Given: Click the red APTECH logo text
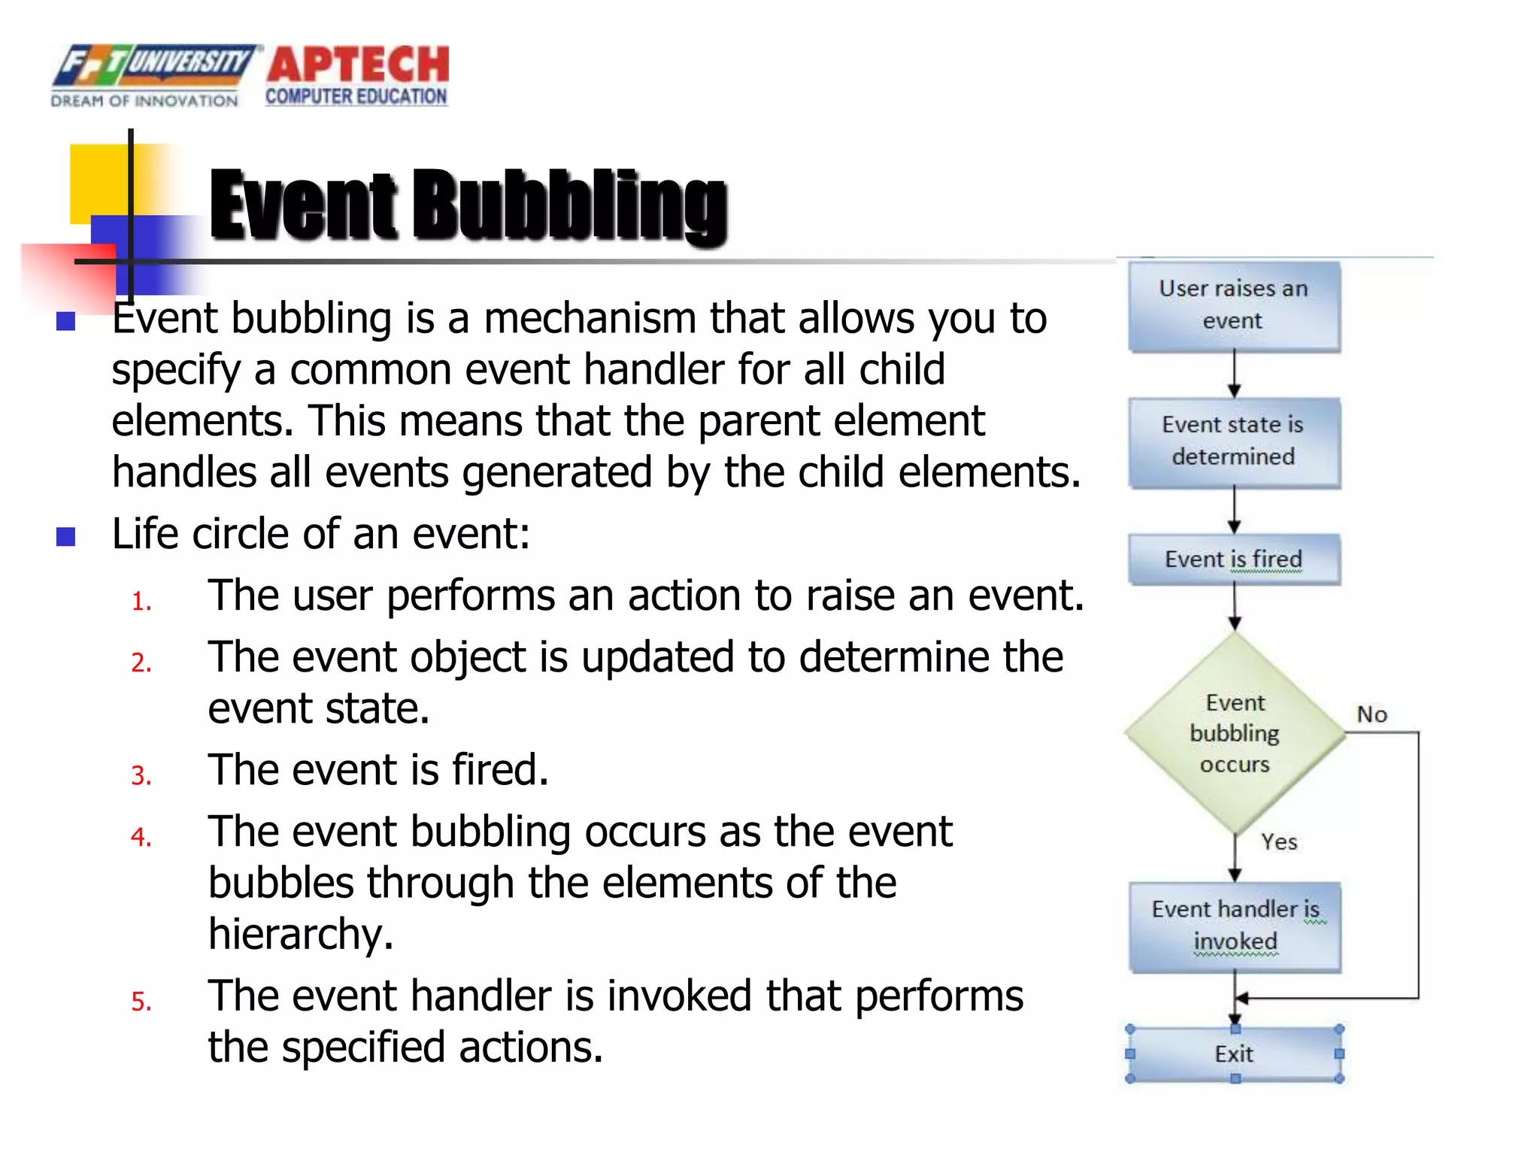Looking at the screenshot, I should [358, 65].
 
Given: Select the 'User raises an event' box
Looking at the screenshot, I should [1233, 305].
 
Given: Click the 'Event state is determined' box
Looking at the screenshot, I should [1233, 441].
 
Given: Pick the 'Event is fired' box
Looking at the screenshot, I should [1233, 559].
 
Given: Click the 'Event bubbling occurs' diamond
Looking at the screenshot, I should [1235, 733].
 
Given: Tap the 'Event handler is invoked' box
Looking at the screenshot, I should [1235, 926].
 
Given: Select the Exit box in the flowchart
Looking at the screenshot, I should [1234, 1053].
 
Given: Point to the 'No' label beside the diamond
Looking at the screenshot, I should [1372, 714].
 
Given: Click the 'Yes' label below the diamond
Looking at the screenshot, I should [1279, 841].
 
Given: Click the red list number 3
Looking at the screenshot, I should [141, 776].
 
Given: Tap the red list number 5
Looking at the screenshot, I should [141, 1002].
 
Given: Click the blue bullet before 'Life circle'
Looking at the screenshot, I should [66, 537].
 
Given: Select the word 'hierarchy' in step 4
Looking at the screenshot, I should [300, 935].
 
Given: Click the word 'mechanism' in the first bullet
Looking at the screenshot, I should [590, 319].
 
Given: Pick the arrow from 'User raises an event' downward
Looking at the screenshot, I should [1234, 374].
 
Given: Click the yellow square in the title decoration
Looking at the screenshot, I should [98, 180].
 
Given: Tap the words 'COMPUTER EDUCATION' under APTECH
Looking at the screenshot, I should [356, 97].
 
